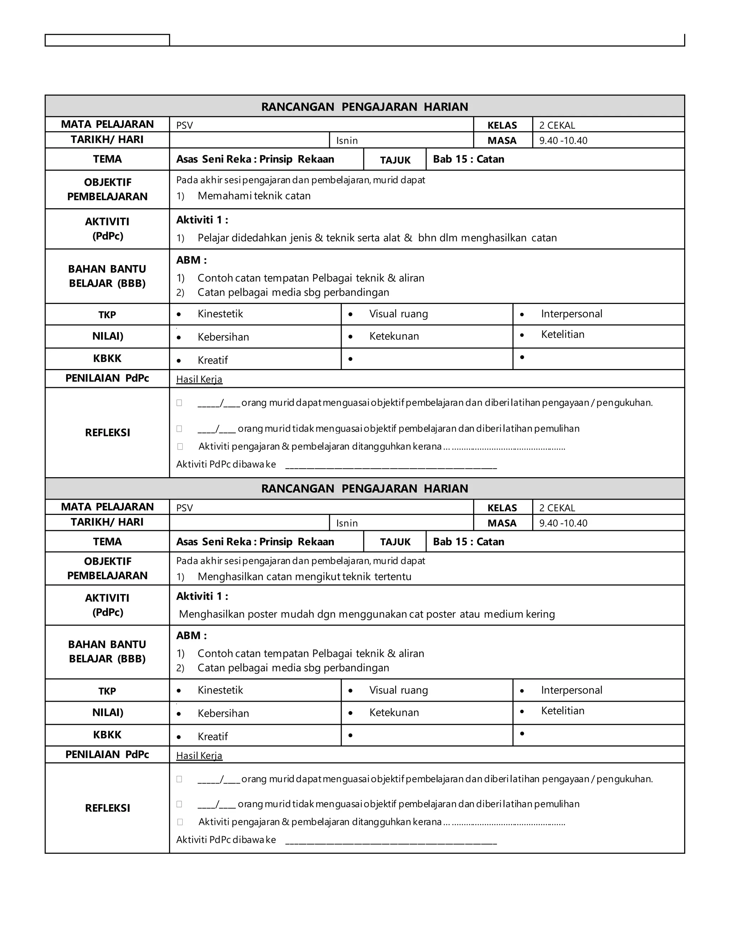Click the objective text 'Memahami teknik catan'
pyautogui.click(x=254, y=196)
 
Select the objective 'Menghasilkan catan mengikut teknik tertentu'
pyautogui.click(x=304, y=577)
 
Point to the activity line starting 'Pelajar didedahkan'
pyautogui.click(x=377, y=238)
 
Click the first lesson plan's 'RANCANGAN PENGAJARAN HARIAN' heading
pyautogui.click(x=364, y=107)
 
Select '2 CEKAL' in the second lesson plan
pyautogui.click(x=557, y=508)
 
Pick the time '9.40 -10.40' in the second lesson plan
pyautogui.click(x=563, y=523)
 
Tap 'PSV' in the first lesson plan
pyautogui.click(x=184, y=125)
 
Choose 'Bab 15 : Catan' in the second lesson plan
pyautogui.click(x=468, y=542)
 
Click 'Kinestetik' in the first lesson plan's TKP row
pyautogui.click(x=220, y=314)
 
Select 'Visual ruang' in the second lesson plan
pyautogui.click(x=398, y=690)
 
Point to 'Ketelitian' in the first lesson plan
pyautogui.click(x=562, y=334)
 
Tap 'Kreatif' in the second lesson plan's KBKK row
pyautogui.click(x=213, y=737)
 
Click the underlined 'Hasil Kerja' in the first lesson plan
pyautogui.click(x=199, y=380)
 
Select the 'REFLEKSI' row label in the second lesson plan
pyautogui.click(x=107, y=808)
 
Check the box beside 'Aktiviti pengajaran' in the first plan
pyautogui.click(x=180, y=447)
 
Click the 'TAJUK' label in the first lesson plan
pyautogui.click(x=395, y=160)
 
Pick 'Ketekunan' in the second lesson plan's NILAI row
pyautogui.click(x=394, y=712)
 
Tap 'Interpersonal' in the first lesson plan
pyautogui.click(x=571, y=314)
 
